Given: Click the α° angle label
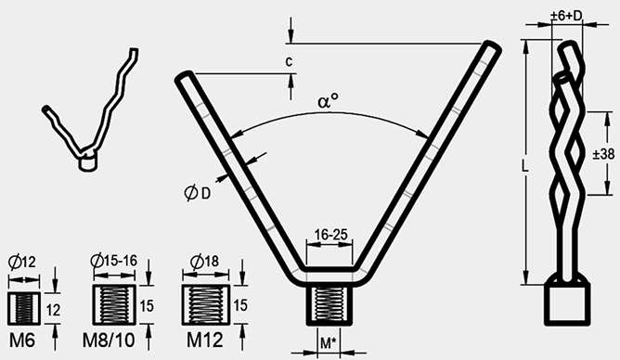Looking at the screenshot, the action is pos(329,101).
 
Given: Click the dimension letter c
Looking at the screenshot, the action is pos(289,61).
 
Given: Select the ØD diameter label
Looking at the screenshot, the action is pos(198,193).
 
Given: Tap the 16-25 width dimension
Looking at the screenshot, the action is pos(330,235).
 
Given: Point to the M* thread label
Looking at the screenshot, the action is pos(328,343).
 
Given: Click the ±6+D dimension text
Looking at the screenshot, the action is pos(566,16).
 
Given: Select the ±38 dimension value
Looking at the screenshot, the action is pos(604,154).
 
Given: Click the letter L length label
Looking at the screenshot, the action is pos(524,165).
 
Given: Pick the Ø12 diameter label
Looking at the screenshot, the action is pos(22,262).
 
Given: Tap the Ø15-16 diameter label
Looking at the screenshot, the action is pos(114,261).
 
